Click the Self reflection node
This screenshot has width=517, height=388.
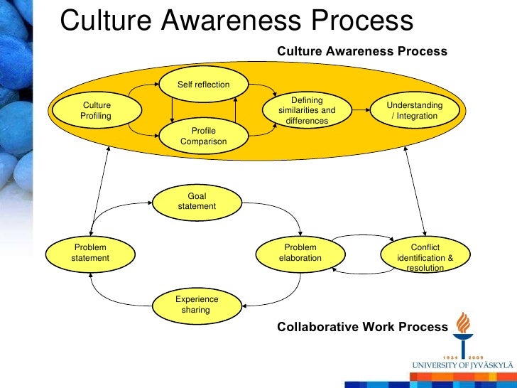coord(203,85)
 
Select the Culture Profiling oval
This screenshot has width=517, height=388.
coord(97,110)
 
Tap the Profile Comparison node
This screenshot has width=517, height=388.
coord(203,136)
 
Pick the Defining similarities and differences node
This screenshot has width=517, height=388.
coord(307,111)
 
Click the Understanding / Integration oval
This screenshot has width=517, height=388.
coord(414,110)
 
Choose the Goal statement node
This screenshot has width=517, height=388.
coord(197,201)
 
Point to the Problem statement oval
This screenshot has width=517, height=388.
coord(90,252)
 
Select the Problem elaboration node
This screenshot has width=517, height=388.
coord(300,252)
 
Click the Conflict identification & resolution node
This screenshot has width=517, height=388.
coord(425,257)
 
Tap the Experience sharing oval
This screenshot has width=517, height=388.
coord(197,304)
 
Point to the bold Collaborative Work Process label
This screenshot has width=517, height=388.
coord(362,327)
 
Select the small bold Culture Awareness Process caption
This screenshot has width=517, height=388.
coord(361,51)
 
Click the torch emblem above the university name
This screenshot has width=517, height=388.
coord(463,332)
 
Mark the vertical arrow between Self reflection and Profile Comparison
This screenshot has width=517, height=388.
coord(172,110)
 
